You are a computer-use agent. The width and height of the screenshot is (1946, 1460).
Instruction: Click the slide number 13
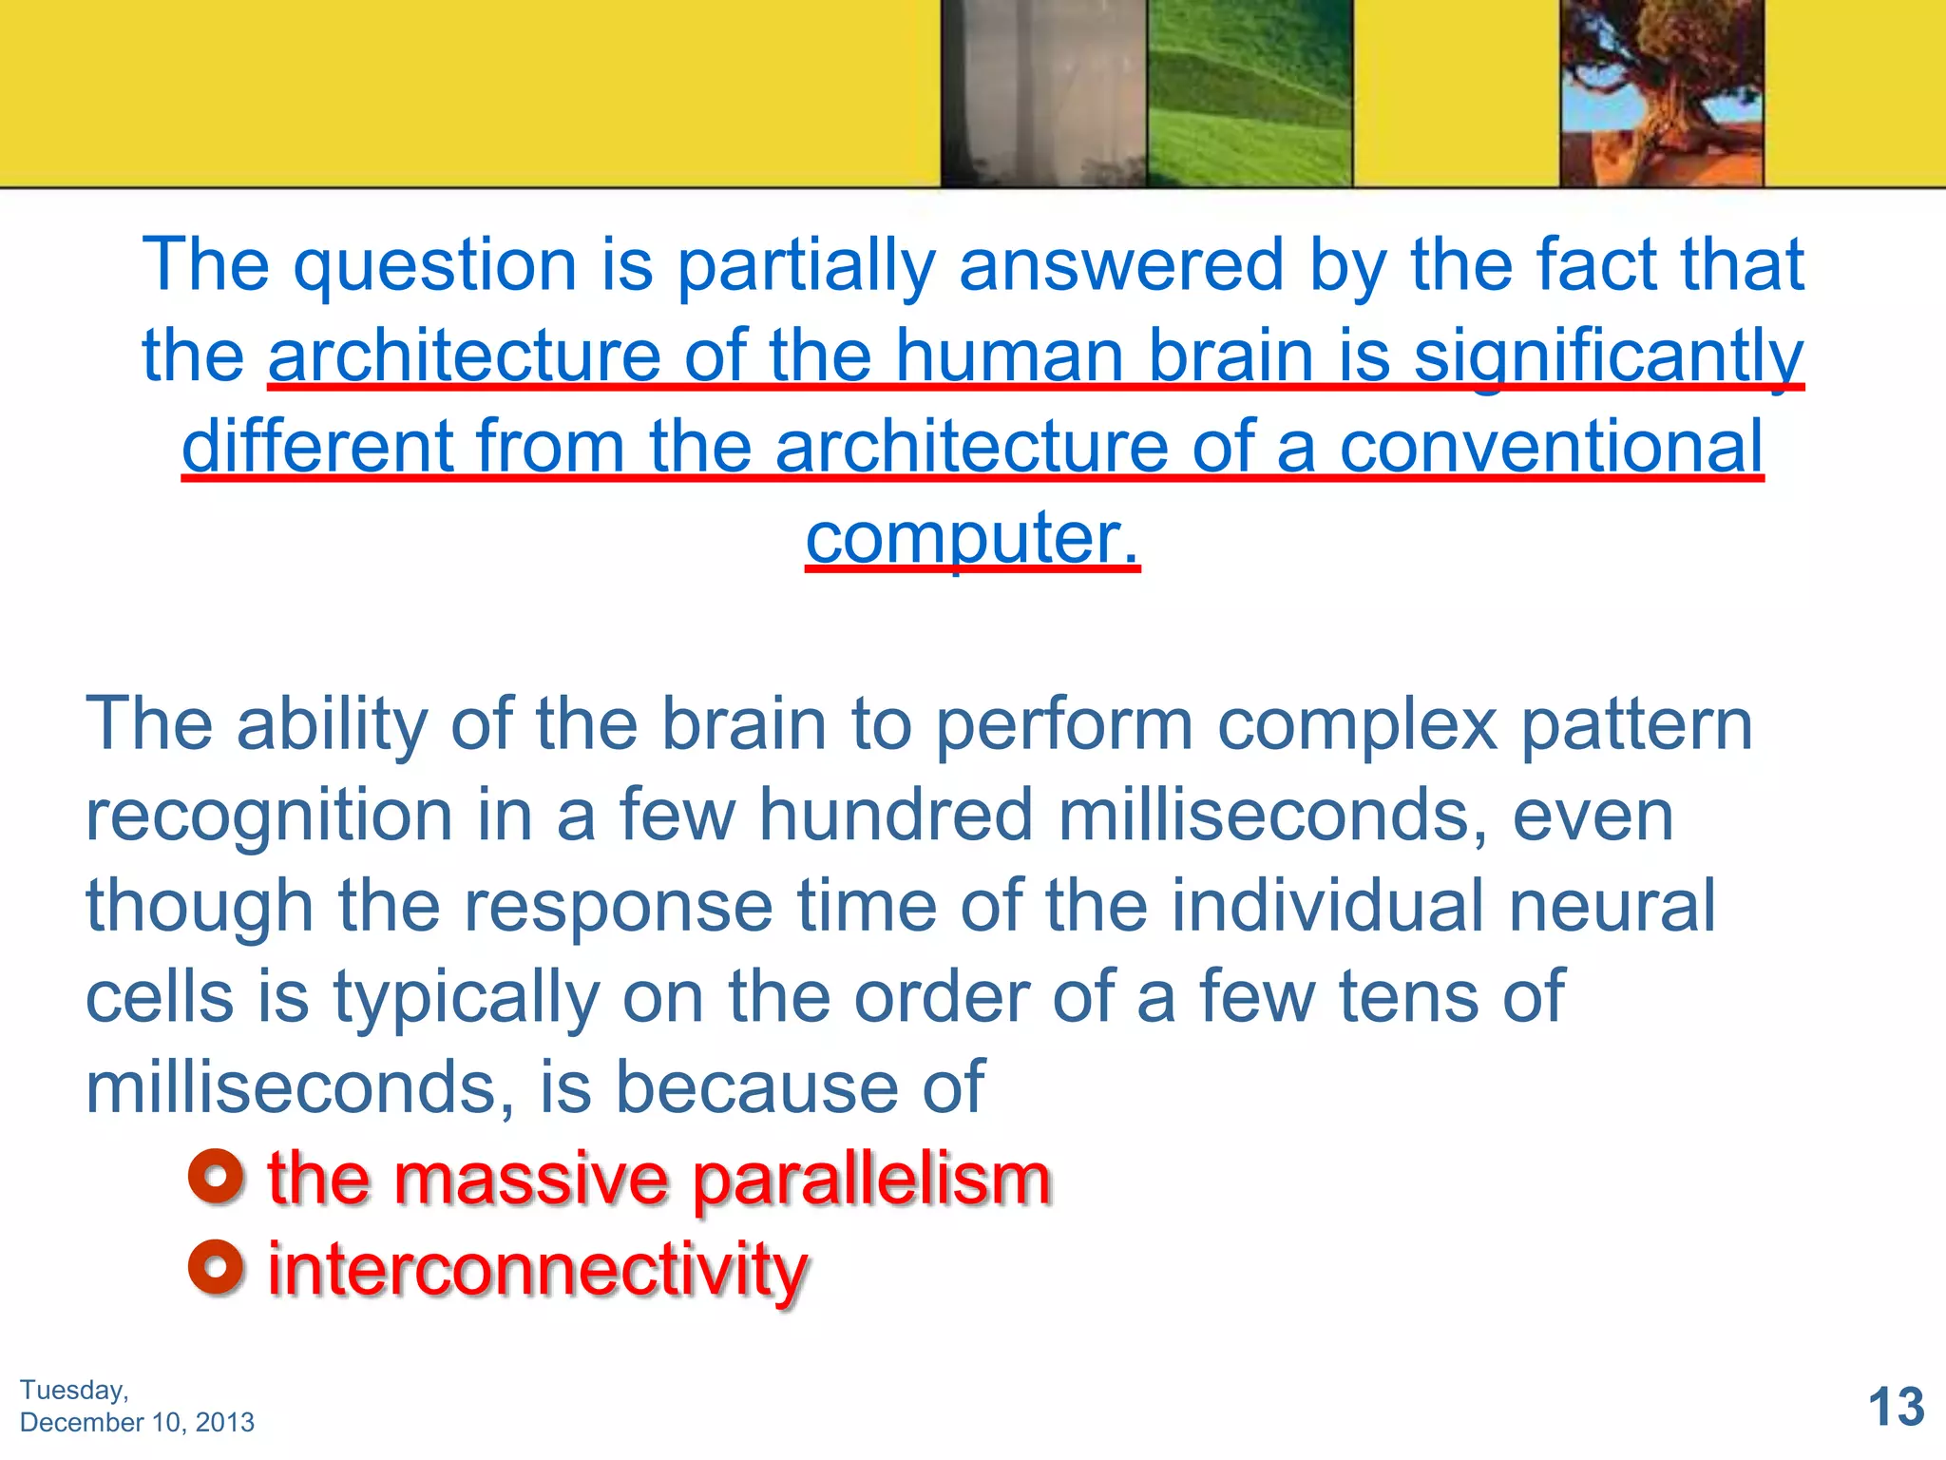1896,1407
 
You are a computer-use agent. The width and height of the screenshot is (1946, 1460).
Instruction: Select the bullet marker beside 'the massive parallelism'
216,1178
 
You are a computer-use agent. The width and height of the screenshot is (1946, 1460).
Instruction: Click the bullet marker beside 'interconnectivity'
216,1267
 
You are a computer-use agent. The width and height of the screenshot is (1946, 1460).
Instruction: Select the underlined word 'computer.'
972,538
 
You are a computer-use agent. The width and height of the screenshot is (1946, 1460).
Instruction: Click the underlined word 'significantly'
1608,355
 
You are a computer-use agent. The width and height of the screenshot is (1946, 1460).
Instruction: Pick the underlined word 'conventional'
1551,447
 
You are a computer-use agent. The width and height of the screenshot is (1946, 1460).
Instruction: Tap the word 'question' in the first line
435,266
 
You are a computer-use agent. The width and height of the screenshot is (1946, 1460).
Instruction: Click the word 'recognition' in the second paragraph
269,816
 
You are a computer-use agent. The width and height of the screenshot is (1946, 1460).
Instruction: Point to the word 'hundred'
895,815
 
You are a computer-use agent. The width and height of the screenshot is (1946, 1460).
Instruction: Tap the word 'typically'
466,998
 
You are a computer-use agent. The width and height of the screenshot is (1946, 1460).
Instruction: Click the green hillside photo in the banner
1249,93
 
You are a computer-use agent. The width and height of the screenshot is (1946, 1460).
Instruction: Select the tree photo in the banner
1661,93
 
